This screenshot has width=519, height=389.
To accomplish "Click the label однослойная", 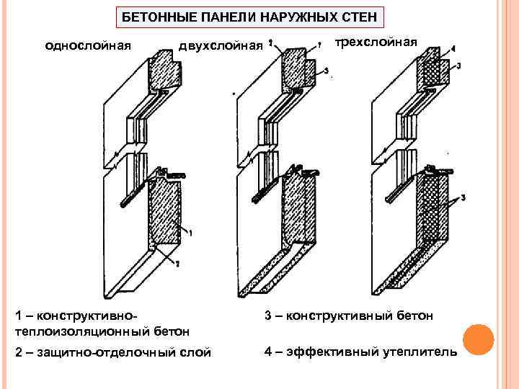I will [88, 47].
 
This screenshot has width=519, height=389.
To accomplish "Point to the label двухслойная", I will [221, 47].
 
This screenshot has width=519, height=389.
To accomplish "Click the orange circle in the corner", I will [476, 339].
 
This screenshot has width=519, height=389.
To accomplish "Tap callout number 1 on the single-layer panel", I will [190, 232].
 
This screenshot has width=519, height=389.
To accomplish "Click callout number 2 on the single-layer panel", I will [177, 265].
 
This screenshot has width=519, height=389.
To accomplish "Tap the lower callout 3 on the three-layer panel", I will [462, 197].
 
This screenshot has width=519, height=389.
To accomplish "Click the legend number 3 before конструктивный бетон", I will [268, 315].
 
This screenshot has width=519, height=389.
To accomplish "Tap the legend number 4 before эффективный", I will [268, 352].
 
